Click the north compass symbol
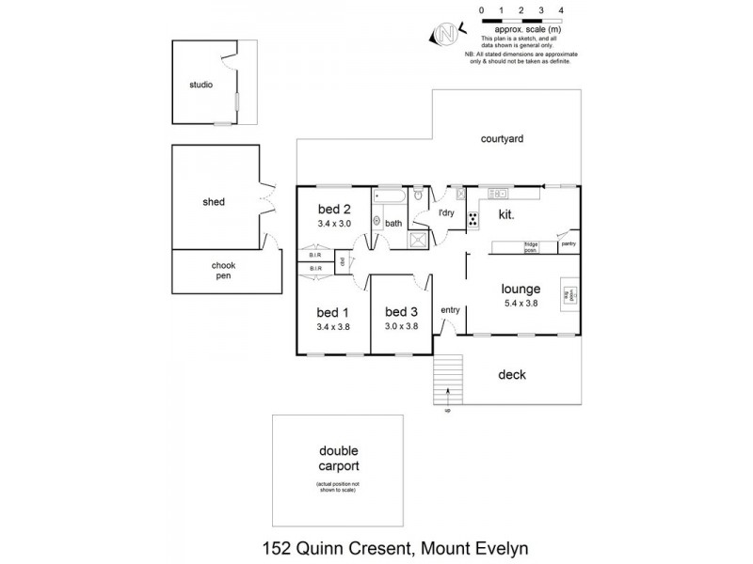(x=444, y=35)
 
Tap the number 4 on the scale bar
(x=562, y=9)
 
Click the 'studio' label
(x=200, y=85)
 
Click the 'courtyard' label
(x=502, y=138)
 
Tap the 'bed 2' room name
(x=333, y=209)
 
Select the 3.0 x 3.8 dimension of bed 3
(x=400, y=326)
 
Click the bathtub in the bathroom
(x=388, y=197)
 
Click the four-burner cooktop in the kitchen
(x=473, y=221)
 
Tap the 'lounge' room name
(x=521, y=290)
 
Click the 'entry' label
(x=450, y=310)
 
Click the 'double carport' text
(x=338, y=458)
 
